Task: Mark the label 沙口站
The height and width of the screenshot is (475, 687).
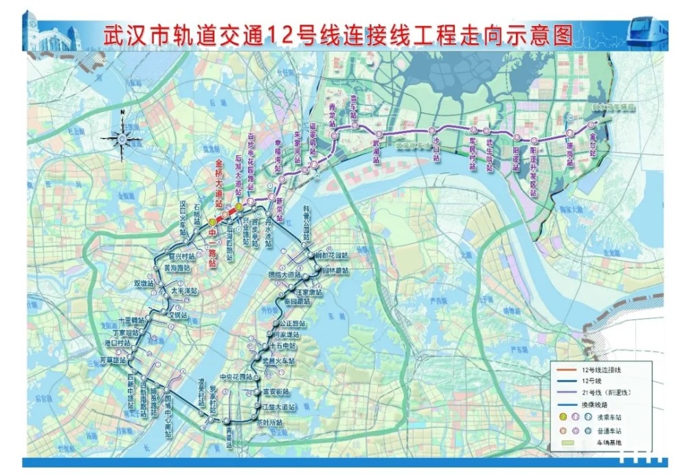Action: pos(436,149)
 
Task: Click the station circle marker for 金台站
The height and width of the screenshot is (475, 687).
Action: pos(591,126)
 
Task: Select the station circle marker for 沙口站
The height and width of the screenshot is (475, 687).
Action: pos(433,130)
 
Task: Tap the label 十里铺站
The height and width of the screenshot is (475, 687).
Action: pos(131,320)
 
